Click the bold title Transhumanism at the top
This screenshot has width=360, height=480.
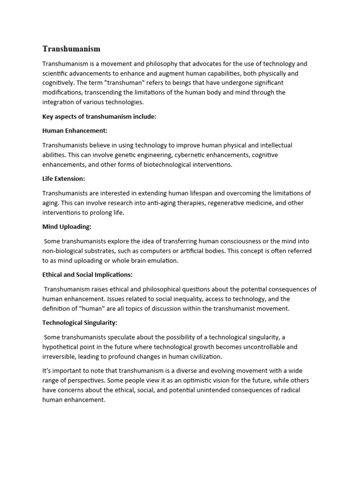[71, 49]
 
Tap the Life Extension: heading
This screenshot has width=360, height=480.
[64, 179]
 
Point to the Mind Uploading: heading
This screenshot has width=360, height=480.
[67, 226]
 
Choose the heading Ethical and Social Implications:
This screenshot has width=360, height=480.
[88, 274]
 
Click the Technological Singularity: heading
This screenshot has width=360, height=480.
[80, 322]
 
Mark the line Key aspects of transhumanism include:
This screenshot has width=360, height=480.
[99, 117]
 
